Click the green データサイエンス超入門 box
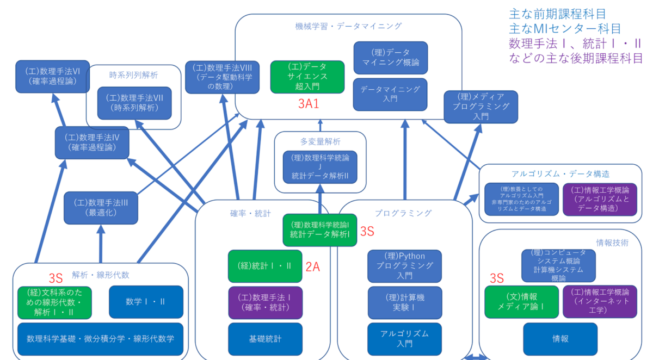307,77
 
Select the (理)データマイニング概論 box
391,58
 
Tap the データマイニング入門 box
391,94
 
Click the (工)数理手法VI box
53,77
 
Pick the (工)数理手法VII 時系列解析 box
134,103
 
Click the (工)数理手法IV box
92,142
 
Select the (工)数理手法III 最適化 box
101,207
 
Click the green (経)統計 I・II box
265,266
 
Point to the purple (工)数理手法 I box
265,302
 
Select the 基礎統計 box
265,339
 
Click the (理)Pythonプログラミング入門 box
404,266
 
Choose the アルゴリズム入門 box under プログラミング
404,339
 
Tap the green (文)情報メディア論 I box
521,302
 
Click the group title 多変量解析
320,141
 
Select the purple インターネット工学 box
600,301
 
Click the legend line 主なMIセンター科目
565,28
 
